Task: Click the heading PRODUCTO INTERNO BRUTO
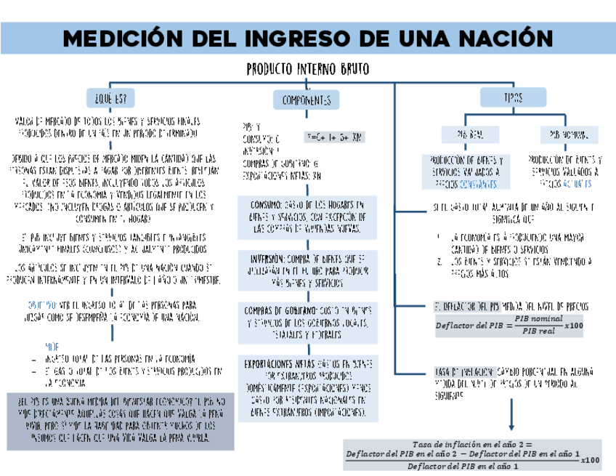[x=307, y=69]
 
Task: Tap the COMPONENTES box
[x=307, y=100]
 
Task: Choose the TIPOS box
[x=512, y=97]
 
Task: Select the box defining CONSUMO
[x=307, y=217]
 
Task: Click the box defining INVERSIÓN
[x=307, y=270]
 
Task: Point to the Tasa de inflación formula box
[x=472, y=455]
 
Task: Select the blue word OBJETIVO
[x=41, y=304]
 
